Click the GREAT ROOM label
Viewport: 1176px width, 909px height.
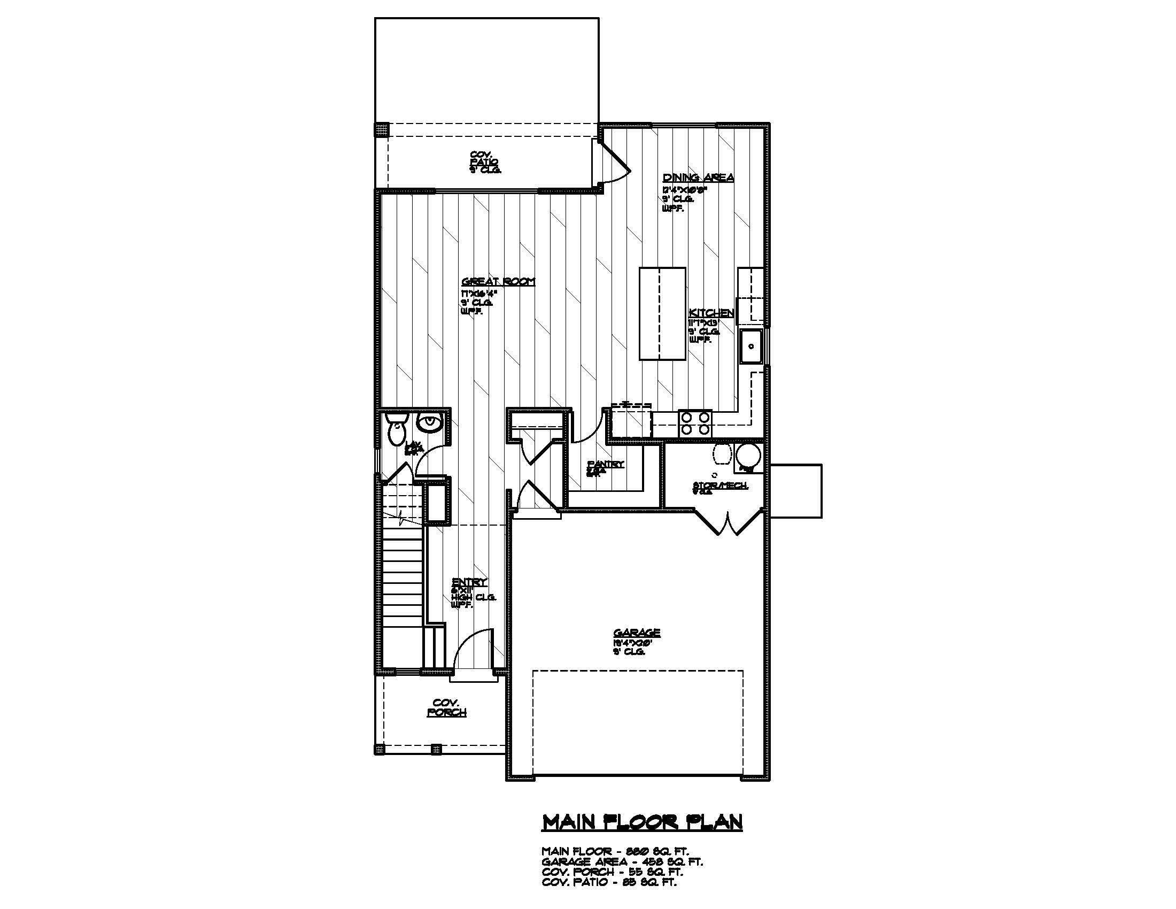click(x=498, y=282)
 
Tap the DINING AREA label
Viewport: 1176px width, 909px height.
click(x=698, y=178)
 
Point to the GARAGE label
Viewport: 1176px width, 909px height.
click(x=637, y=633)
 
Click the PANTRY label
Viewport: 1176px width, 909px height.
click(x=606, y=464)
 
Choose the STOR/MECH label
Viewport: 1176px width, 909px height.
click(x=720, y=486)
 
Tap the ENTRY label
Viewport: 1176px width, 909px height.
click(x=469, y=582)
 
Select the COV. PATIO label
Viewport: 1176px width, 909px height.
click(x=485, y=160)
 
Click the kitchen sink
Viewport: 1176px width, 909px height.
click(x=749, y=347)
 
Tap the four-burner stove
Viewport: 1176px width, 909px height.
click(x=695, y=423)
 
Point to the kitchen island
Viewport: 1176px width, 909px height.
click(x=662, y=313)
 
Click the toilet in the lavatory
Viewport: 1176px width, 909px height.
click(x=397, y=428)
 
